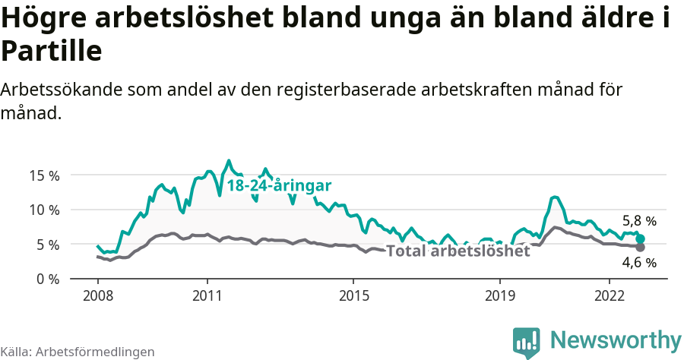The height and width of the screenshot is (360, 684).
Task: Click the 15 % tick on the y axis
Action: pos(43,175)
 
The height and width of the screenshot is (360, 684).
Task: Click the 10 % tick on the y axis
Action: pos(43,210)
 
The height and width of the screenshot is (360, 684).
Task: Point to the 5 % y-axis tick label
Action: pos(46,245)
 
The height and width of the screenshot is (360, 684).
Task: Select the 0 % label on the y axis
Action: pos(46,279)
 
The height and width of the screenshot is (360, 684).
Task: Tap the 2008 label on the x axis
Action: pos(97,295)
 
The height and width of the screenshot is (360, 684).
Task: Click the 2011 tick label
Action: pos(207,295)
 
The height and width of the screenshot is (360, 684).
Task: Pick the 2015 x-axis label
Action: pos(354,295)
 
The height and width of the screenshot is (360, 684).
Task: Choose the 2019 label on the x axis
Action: pos(500,295)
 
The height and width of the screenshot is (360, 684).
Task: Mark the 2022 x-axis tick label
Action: pos(610,295)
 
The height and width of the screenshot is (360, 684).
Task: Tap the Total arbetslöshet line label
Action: pos(458,251)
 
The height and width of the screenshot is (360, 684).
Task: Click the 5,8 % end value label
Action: pos(639,222)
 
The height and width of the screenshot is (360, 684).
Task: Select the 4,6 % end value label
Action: pos(639,263)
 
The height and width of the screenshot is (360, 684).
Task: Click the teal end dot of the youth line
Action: pos(640,238)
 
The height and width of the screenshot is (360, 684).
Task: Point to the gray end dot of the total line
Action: pos(640,247)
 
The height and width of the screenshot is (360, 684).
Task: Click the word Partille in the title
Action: pos(51,52)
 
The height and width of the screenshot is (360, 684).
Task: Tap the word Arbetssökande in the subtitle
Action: pos(62,90)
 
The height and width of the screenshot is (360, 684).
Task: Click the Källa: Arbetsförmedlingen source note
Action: pos(78,352)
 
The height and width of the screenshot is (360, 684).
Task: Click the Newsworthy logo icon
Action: pos(527,342)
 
